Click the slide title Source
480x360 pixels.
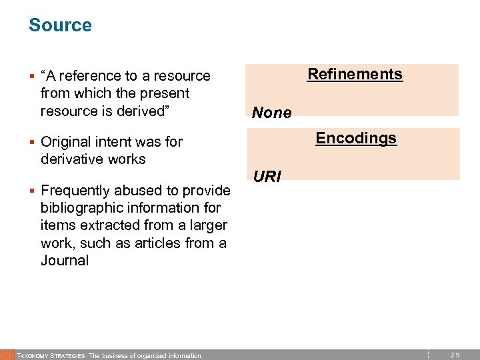60,25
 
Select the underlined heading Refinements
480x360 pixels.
355,74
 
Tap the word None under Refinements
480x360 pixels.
271,113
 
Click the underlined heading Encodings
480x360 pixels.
356,138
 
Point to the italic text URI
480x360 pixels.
267,177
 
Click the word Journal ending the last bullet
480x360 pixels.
65,261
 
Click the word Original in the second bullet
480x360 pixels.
65,141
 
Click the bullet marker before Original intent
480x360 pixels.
32,142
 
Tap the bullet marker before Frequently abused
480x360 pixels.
32,191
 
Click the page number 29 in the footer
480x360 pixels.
455,355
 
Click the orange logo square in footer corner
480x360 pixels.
7,355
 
